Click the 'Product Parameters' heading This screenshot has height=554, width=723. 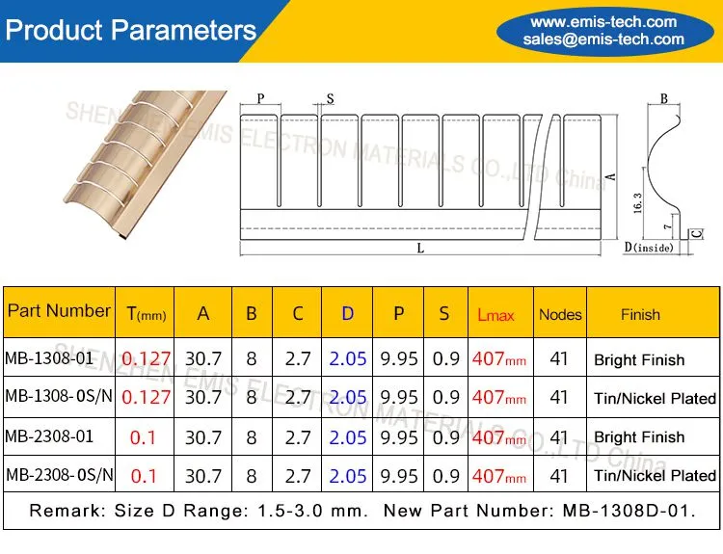click(x=130, y=31)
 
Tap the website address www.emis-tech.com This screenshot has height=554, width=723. click(x=603, y=21)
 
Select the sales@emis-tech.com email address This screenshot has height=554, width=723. click(x=603, y=40)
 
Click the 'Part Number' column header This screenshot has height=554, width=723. click(x=59, y=310)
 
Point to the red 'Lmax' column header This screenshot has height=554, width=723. click(x=495, y=315)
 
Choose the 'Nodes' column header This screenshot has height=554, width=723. click(x=560, y=314)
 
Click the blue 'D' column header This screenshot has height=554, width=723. click(x=347, y=313)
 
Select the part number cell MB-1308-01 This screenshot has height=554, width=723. click(x=49, y=357)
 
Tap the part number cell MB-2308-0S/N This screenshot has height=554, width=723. click(x=59, y=474)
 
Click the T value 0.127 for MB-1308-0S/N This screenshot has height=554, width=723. click(x=146, y=397)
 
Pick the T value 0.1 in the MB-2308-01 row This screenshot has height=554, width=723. click(x=143, y=436)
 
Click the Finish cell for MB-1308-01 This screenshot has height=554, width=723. click(x=639, y=359)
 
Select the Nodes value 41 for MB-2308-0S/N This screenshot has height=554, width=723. click(x=559, y=476)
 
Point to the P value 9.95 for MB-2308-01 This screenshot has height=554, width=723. click(x=399, y=436)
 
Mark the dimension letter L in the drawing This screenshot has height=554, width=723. click(x=420, y=249)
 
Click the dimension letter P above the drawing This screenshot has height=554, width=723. click(x=260, y=98)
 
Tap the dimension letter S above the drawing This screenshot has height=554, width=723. click(x=330, y=98)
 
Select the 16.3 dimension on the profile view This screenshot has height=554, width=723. click(x=637, y=202)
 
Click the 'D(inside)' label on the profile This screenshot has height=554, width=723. click(x=649, y=247)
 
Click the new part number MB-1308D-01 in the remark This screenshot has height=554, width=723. click(x=629, y=511)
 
